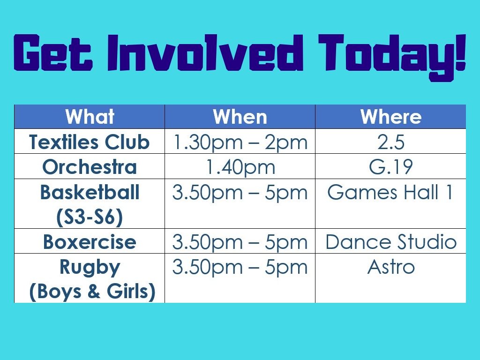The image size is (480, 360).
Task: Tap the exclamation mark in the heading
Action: pos(460,52)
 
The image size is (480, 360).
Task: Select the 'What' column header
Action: pos(90,117)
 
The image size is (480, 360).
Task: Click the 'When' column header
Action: pos(240,117)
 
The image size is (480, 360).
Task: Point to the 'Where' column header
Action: pos(391,117)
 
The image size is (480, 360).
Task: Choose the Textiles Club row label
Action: pos(90,142)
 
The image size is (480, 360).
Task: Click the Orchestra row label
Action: pos(90,167)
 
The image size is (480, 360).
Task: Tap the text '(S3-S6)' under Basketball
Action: pos(90,217)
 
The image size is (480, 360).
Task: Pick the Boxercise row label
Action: pos(90,242)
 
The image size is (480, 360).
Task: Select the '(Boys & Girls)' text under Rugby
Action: pos(92,292)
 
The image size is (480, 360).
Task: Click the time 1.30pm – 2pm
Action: pos(240,142)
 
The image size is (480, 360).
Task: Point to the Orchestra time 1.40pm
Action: pos(240,167)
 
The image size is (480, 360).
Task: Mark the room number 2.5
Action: pos(391,142)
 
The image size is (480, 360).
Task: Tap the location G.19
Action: pos(391,167)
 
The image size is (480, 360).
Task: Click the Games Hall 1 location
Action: pos(390,192)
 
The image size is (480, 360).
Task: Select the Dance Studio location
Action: pos(391,242)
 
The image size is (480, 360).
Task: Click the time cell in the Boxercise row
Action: pos(240,242)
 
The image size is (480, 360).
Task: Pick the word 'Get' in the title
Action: pos(53,52)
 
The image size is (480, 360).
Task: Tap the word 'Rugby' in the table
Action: pos(90,268)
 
